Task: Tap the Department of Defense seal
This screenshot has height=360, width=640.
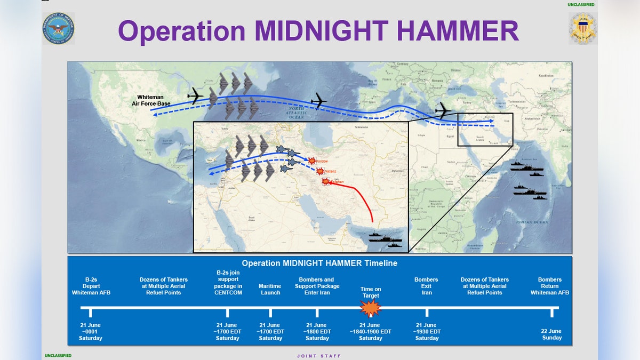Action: click(x=58, y=29)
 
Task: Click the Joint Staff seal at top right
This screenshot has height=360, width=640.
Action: click(x=582, y=29)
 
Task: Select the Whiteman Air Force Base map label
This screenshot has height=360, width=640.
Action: click(x=151, y=100)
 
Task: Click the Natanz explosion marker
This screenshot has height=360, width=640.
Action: click(x=320, y=171)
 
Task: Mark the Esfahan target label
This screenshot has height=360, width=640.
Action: click(x=336, y=182)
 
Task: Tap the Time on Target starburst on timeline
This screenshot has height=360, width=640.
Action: click(x=370, y=308)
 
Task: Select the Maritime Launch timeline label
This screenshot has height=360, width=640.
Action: click(x=270, y=289)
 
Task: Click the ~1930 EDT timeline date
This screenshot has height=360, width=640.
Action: click(x=427, y=331)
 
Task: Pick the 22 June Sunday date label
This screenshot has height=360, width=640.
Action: click(x=551, y=334)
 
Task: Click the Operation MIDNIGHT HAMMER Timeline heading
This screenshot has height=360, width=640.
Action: click(x=319, y=263)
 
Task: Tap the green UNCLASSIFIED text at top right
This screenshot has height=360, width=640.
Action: click(x=581, y=5)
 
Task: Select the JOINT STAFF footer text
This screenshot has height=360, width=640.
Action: click(x=319, y=356)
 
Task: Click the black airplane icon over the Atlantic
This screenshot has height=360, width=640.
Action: click(x=318, y=100)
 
